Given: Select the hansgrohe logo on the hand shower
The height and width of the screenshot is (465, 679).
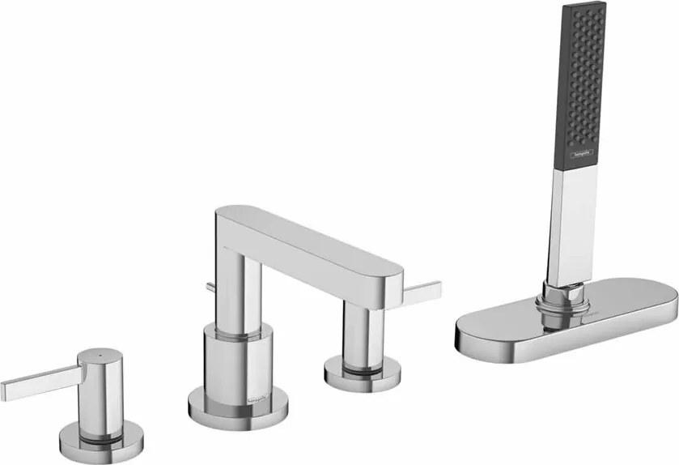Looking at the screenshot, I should click(581, 151).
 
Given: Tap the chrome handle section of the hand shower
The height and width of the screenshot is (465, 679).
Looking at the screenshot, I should click(573, 219).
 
